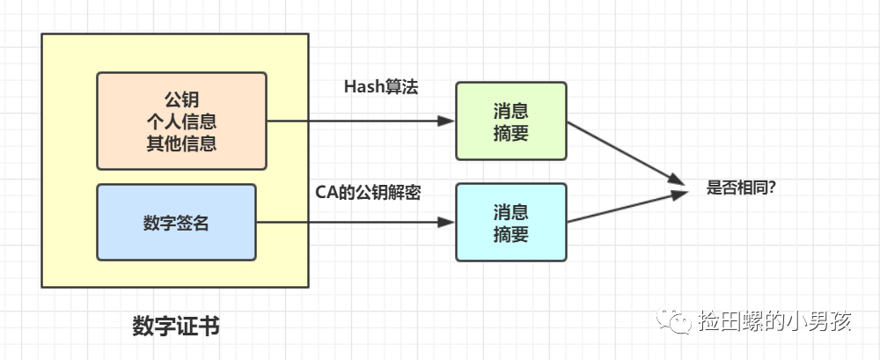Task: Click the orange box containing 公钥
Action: tap(181, 120)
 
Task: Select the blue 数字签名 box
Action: tap(176, 222)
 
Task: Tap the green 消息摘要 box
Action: tap(510, 121)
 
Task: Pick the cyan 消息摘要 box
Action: tap(510, 222)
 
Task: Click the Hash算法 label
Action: tap(381, 86)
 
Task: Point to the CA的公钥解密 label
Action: tap(368, 192)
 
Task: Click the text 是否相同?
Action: tap(741, 187)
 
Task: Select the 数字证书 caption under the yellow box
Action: tap(176, 327)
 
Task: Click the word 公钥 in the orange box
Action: tap(181, 98)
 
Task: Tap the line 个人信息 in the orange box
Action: tap(181, 120)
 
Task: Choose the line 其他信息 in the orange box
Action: tap(181, 142)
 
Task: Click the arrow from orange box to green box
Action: tap(361, 121)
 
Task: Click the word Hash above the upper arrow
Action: tap(361, 86)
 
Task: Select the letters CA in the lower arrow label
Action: tap(326, 192)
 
